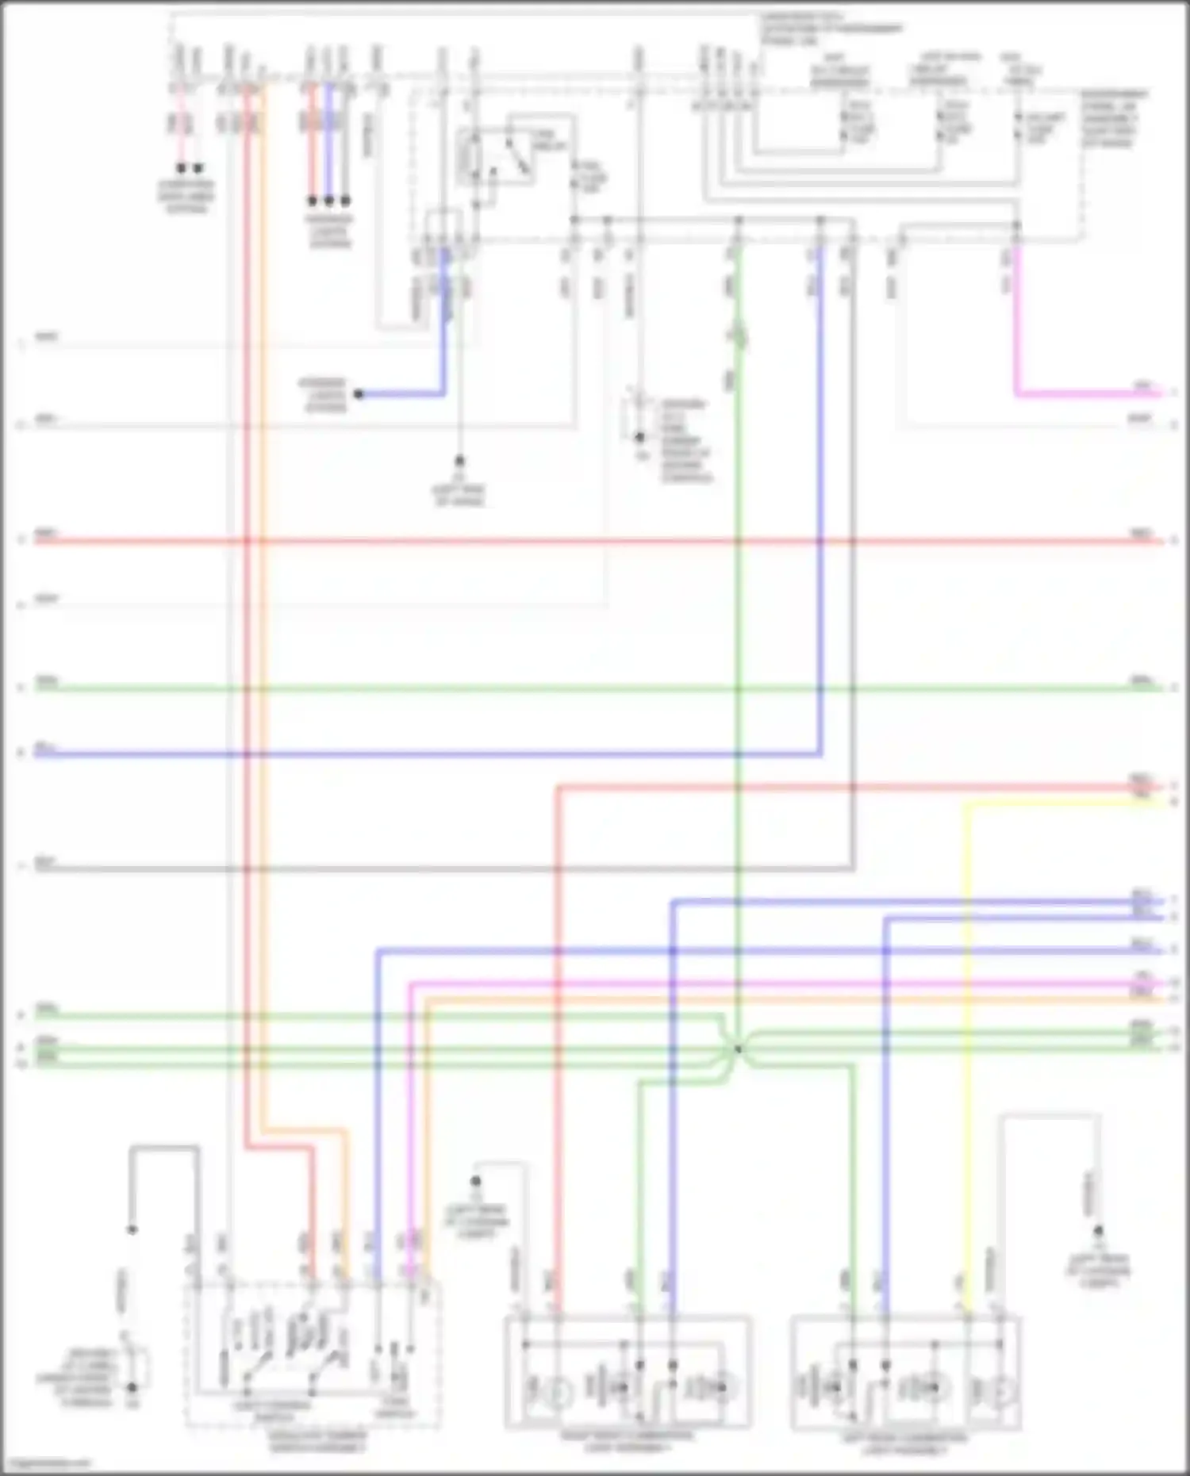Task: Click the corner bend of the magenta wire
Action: (x=1017, y=393)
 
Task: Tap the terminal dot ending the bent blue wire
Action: (x=359, y=394)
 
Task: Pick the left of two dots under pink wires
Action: (x=181, y=168)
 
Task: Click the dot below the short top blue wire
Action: (x=328, y=201)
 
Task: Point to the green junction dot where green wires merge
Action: (x=738, y=1049)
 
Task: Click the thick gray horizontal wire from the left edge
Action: (x=397, y=869)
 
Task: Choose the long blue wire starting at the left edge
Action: (x=397, y=753)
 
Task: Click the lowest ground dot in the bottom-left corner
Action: (x=132, y=1388)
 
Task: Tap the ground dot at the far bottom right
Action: (x=1099, y=1231)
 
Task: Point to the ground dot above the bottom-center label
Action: (x=476, y=1182)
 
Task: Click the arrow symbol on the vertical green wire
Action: (x=738, y=337)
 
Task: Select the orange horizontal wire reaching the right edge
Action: (x=793, y=999)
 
